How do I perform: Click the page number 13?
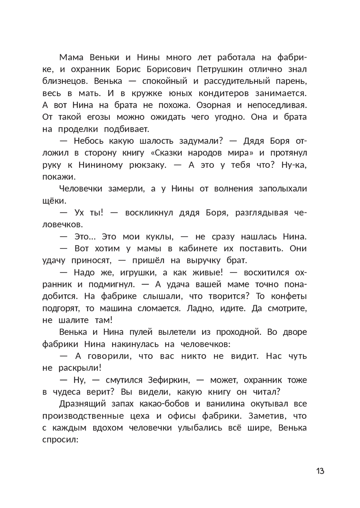pyautogui.click(x=320, y=471)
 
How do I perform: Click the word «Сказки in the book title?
pyautogui.click(x=166, y=153)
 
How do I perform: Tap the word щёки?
pyautogui.click(x=53, y=201)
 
